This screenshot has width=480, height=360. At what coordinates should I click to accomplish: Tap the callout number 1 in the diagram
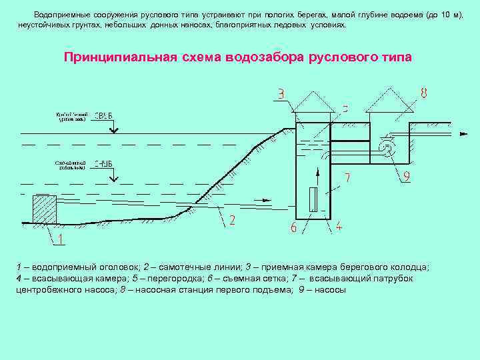pyautogui.click(x=61, y=239)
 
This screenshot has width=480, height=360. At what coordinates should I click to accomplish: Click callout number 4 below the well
pyautogui.click(x=339, y=227)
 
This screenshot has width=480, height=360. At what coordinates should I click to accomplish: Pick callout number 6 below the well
pyautogui.click(x=294, y=227)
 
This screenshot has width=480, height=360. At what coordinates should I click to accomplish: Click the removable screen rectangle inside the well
pyautogui.click(x=313, y=200)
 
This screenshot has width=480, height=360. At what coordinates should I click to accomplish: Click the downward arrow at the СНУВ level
pyautogui.click(x=114, y=176)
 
